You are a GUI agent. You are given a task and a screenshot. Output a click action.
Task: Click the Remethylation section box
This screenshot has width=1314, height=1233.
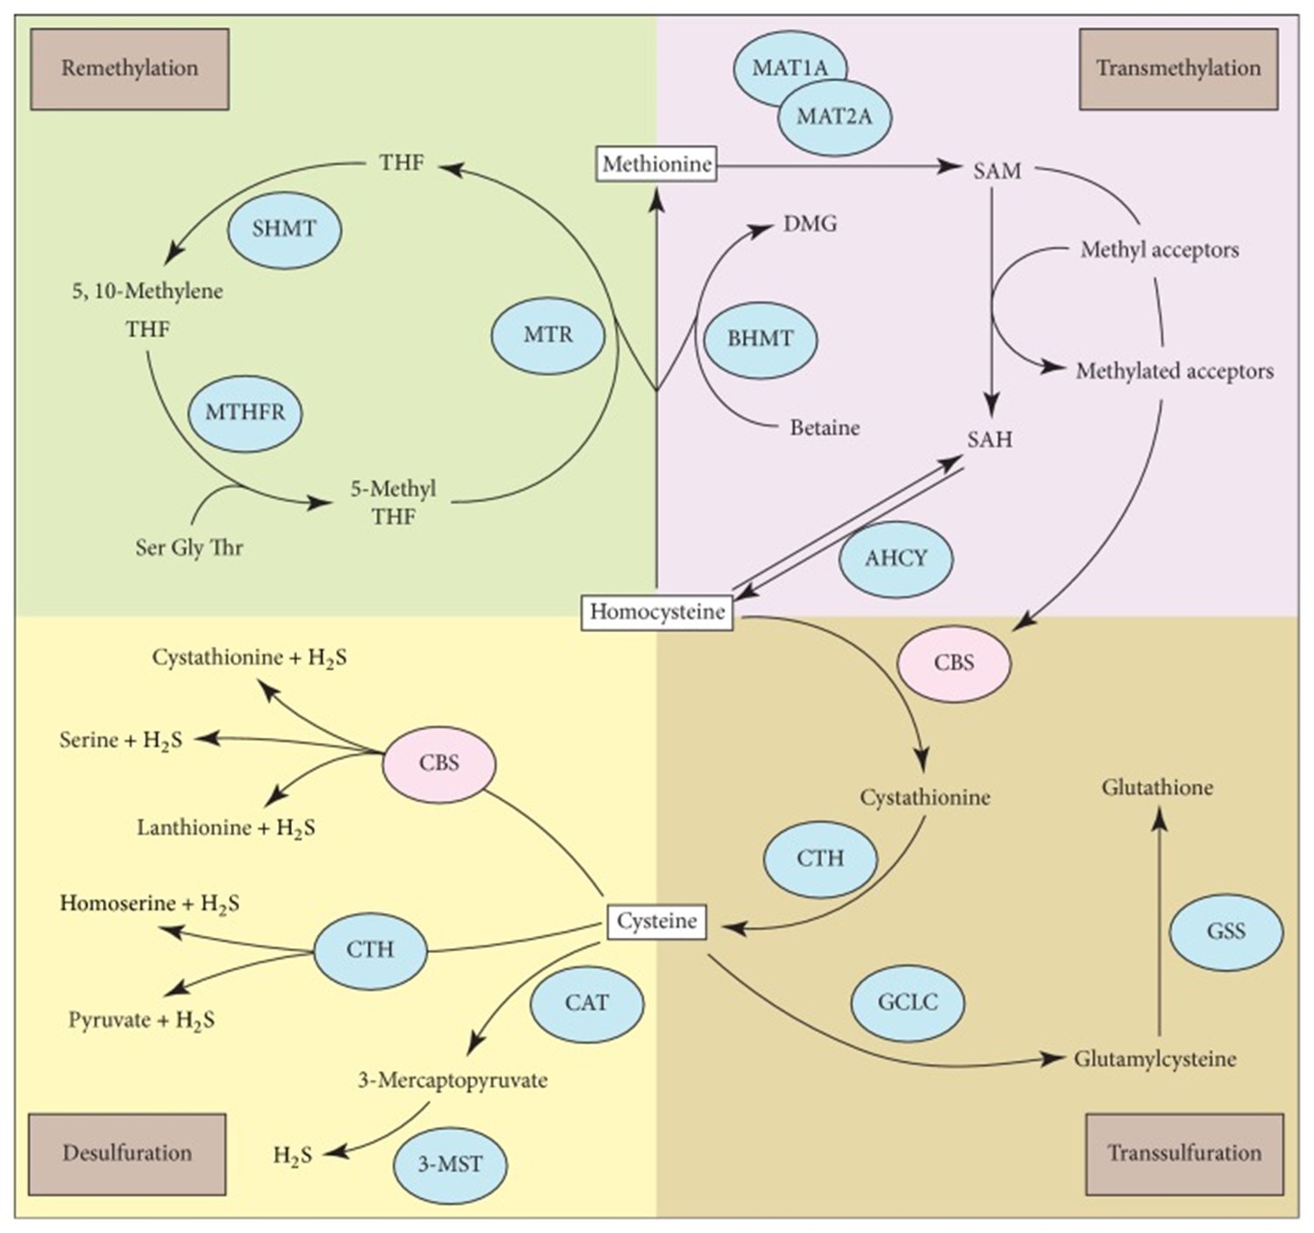click(129, 69)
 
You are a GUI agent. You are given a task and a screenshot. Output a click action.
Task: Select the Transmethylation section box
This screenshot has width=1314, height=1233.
click(1178, 69)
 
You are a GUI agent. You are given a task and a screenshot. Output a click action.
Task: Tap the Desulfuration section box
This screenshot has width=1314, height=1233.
click(128, 1154)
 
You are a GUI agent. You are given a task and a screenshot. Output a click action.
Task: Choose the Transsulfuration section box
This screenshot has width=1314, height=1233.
click(1184, 1154)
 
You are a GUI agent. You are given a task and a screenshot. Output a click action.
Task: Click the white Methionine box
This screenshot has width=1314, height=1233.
click(656, 163)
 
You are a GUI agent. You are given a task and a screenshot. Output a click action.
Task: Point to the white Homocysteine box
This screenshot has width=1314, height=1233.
click(657, 612)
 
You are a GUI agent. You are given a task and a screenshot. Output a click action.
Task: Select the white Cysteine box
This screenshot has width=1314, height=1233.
click(656, 922)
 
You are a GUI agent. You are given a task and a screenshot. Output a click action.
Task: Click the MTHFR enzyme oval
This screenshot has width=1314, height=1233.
click(245, 413)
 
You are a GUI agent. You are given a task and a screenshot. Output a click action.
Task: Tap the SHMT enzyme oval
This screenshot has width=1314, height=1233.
click(284, 229)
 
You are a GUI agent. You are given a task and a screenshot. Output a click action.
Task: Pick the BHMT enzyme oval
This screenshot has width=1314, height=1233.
click(760, 339)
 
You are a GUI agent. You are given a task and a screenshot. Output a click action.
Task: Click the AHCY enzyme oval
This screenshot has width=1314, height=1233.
click(895, 559)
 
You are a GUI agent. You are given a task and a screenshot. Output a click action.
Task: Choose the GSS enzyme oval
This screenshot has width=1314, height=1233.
click(1225, 932)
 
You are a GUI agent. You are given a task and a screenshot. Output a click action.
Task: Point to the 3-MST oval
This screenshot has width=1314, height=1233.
click(450, 1165)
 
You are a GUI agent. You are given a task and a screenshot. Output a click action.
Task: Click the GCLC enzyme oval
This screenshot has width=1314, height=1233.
click(907, 1002)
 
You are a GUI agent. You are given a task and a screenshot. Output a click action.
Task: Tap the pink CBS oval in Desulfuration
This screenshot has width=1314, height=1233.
click(439, 763)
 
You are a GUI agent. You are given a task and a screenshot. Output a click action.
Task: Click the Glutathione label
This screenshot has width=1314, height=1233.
click(1157, 788)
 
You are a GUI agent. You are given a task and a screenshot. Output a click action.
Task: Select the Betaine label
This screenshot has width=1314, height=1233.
click(825, 427)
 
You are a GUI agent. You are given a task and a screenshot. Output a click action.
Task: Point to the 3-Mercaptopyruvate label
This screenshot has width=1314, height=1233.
click(452, 1081)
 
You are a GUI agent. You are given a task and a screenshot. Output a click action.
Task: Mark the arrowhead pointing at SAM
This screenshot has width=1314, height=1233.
click(951, 166)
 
